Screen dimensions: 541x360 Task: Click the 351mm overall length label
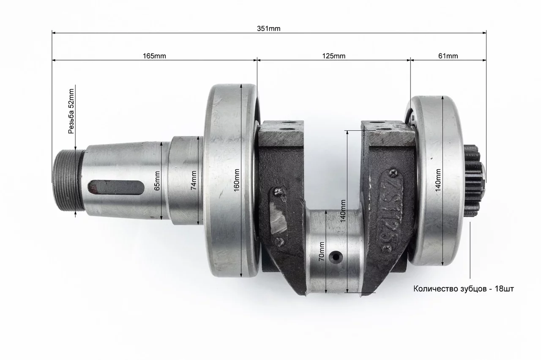(268, 28)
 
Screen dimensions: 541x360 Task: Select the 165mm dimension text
(154, 56)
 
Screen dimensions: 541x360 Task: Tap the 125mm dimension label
(334, 56)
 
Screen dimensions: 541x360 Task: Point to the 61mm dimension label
(448, 56)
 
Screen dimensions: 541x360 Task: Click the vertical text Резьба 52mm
(71, 111)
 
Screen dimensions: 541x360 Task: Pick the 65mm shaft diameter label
(157, 181)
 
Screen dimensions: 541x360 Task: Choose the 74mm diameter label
(194, 180)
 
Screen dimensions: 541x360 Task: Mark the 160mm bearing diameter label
(236, 180)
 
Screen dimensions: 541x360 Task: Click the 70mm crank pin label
(322, 251)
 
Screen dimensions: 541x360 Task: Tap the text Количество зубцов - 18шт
(464, 289)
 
